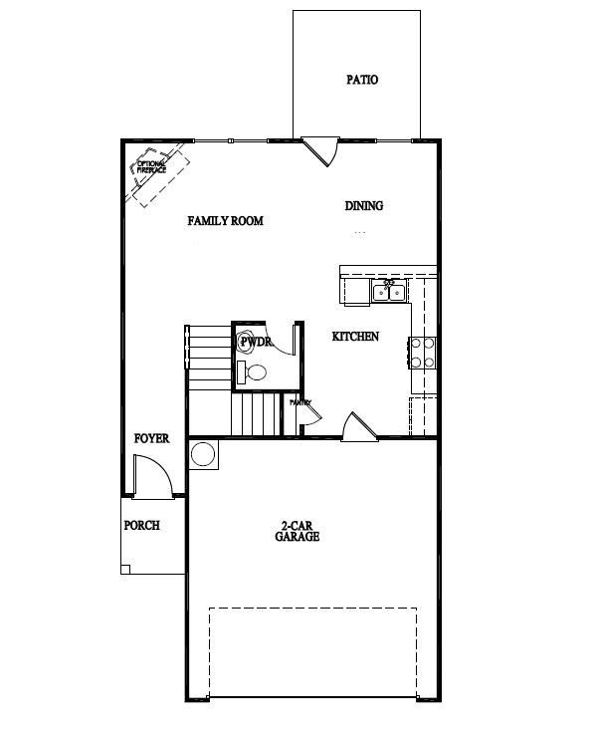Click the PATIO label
tap(362, 80)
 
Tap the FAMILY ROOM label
tap(226, 220)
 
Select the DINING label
tap(364, 206)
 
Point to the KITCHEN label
tap(355, 337)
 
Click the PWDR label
tap(255, 342)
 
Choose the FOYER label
tap(151, 438)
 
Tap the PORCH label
tap(141, 526)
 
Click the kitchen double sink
tap(388, 291)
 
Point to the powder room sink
tap(243, 372)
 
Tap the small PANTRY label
tap(300, 403)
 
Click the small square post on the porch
tap(125, 569)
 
